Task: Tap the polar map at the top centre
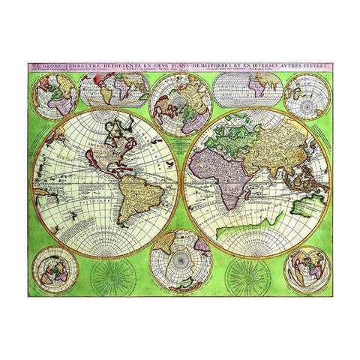179,98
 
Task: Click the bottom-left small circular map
55,270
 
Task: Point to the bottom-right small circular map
307,270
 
